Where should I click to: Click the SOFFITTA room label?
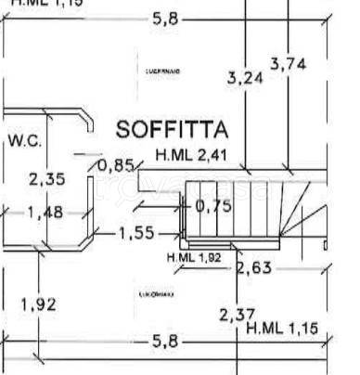click(173, 128)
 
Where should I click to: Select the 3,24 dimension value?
click(245, 78)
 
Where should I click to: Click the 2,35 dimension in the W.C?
click(46, 179)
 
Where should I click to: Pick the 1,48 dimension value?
click(45, 213)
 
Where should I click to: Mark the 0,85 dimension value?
click(115, 166)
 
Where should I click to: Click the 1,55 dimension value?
click(137, 233)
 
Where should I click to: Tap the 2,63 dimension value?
click(253, 269)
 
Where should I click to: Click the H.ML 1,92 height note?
click(196, 256)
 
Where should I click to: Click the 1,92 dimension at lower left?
click(38, 304)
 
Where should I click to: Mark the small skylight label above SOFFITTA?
click(163, 71)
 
